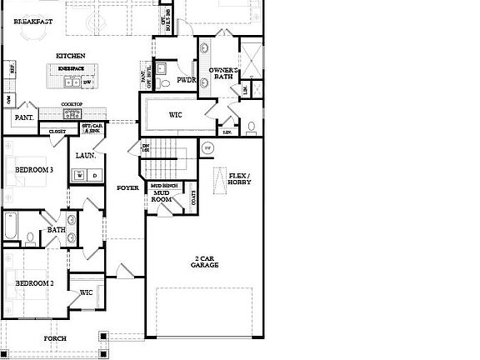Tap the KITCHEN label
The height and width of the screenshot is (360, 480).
tap(71, 56)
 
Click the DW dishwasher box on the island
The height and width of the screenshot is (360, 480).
tap(87, 82)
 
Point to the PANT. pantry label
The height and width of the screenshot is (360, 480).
tap(22, 118)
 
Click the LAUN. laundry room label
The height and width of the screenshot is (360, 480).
tap(86, 155)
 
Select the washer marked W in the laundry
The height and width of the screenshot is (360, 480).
tap(80, 175)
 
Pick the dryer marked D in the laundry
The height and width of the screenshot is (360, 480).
tap(94, 175)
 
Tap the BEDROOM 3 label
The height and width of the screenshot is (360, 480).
tap(34, 170)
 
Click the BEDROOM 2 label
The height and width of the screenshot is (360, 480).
tap(34, 283)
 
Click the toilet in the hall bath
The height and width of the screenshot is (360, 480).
tap(31, 237)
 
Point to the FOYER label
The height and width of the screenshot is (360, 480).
tap(127, 187)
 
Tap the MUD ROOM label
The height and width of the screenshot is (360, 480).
tap(161, 197)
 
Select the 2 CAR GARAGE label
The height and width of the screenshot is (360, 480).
tap(204, 262)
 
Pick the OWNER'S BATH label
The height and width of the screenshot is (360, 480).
tap(224, 73)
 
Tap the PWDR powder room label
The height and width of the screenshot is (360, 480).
tap(186, 80)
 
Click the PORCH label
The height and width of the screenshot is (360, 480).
tap(56, 338)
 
